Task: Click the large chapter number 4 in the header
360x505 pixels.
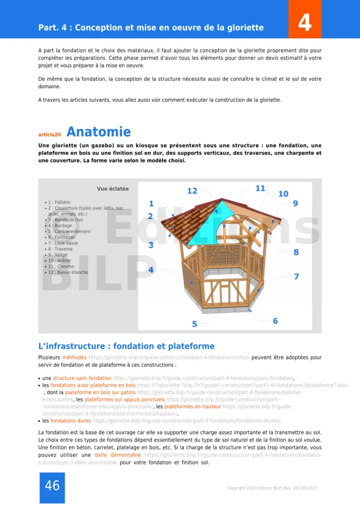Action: tap(304, 22)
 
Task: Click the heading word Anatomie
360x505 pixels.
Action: tap(98, 132)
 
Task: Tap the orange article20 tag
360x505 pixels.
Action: tap(49, 135)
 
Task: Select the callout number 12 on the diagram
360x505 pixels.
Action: tap(192, 191)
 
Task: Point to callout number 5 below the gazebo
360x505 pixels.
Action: tap(195, 324)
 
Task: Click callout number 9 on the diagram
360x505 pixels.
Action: tap(295, 203)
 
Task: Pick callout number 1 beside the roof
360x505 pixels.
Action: tap(151, 204)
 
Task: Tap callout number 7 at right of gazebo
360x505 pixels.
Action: tap(296, 277)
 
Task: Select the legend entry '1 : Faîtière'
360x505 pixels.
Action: tap(58, 202)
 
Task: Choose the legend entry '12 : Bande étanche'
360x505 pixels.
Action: tap(67, 272)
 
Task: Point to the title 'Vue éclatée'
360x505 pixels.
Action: tap(112, 189)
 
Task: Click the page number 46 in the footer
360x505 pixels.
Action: tap(52, 486)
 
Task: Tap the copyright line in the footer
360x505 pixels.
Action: tap(272, 488)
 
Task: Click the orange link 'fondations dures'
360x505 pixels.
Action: tap(71, 421)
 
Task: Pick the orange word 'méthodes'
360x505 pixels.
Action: tap(74, 357)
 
